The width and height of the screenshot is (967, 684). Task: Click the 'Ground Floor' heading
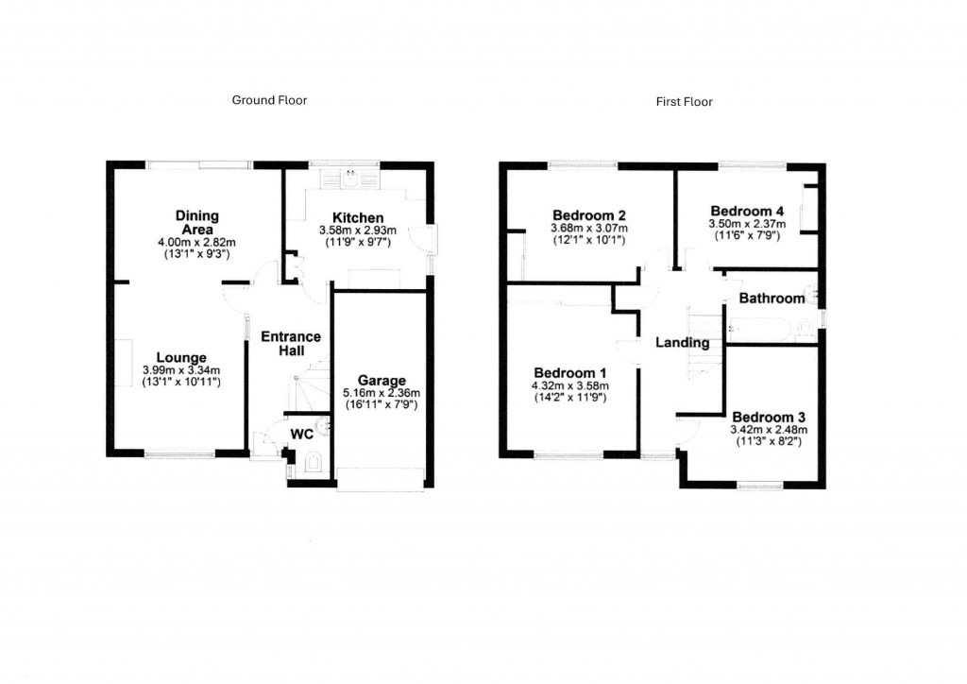click(x=269, y=100)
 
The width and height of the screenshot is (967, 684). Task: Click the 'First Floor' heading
click(x=684, y=101)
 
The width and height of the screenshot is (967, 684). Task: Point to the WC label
click(x=301, y=435)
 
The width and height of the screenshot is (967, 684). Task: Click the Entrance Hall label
click(x=291, y=343)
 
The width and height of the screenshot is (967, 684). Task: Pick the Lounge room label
click(x=181, y=358)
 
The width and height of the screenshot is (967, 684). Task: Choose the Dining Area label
click(x=196, y=223)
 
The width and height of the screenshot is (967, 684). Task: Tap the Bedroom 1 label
click(x=569, y=372)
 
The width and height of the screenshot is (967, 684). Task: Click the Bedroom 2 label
click(x=589, y=214)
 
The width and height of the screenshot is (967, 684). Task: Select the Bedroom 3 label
click(x=768, y=417)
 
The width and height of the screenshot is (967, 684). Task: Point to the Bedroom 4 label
click(x=747, y=211)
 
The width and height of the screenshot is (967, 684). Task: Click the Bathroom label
click(x=772, y=299)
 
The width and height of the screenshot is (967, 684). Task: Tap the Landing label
click(x=682, y=343)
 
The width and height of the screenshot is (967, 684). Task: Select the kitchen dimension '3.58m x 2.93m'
click(x=357, y=230)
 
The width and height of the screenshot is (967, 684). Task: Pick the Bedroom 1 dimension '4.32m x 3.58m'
click(x=569, y=385)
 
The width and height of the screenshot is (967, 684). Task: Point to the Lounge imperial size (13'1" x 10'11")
click(x=181, y=382)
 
